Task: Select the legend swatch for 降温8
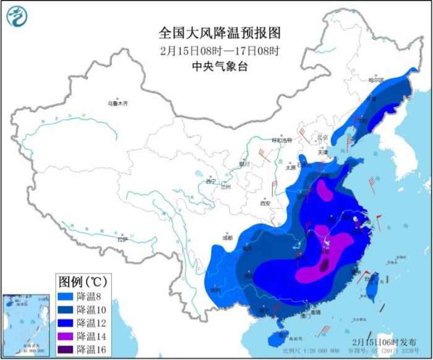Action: coord(66,296)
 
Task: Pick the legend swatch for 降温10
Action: coord(66,310)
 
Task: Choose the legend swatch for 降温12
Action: coord(66,323)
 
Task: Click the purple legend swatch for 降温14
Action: coord(66,336)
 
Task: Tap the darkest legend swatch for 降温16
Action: coord(66,349)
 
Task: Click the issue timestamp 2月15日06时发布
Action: coord(385,341)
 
